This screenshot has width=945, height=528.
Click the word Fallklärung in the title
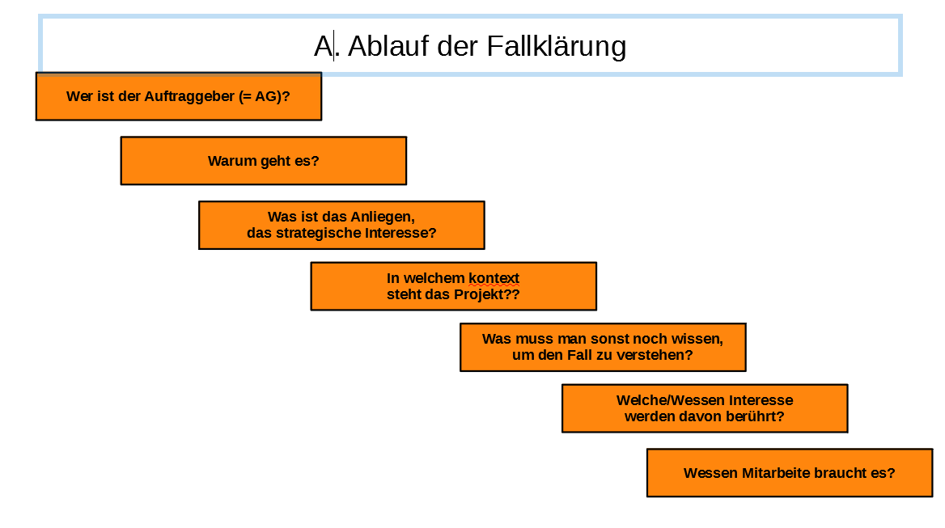tap(557, 47)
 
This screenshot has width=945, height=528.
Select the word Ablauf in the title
tap(388, 46)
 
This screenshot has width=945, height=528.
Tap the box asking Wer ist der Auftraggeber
tap(178, 96)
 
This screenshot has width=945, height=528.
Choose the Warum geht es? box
tap(264, 161)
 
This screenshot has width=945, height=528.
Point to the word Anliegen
tap(383, 217)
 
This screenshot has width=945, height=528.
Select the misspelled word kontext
tap(494, 278)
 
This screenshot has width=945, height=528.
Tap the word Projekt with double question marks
tap(486, 294)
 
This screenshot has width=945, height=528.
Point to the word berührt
tap(755, 416)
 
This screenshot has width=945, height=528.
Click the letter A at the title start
tap(323, 46)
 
